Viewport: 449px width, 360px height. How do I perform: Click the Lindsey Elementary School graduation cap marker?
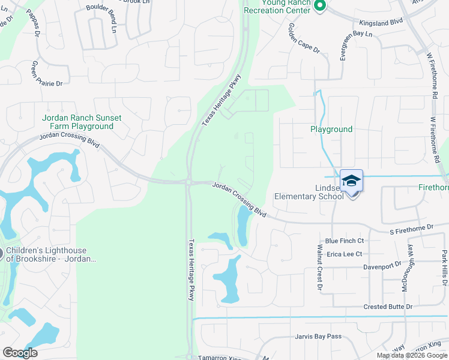coord(351,181)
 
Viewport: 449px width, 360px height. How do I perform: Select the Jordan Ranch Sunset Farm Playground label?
coord(77,122)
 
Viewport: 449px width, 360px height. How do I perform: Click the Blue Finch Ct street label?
coord(344,241)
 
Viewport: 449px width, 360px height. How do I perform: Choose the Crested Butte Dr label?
coord(388,307)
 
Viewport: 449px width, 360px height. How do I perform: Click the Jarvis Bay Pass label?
coord(318,336)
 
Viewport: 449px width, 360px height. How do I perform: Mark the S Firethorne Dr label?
coord(411,228)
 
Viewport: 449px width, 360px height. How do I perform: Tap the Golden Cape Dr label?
coord(304,38)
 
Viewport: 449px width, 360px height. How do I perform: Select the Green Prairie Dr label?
coord(46,73)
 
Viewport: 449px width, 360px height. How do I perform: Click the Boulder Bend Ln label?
coord(109,9)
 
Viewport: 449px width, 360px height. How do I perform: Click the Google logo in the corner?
coord(20,353)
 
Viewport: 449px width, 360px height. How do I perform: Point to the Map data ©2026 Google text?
coord(411,355)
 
